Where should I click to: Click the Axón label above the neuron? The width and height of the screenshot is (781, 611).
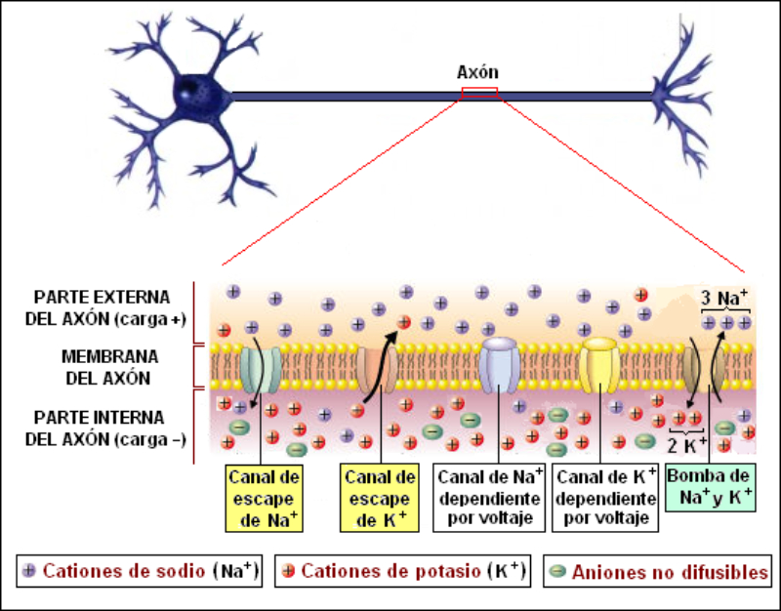click(477, 72)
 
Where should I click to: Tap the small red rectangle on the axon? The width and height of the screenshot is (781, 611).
click(479, 93)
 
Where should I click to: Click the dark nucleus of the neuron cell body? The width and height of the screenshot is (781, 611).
click(186, 94)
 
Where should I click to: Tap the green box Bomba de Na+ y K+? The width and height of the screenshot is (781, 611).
click(711, 487)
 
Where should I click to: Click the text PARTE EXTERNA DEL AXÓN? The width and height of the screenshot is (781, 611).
click(103, 307)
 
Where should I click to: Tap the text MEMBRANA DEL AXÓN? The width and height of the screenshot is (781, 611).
click(103, 365)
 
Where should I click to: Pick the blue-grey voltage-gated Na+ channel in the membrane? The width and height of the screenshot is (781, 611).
click(500, 364)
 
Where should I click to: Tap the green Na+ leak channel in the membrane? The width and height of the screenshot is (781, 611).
click(261, 367)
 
